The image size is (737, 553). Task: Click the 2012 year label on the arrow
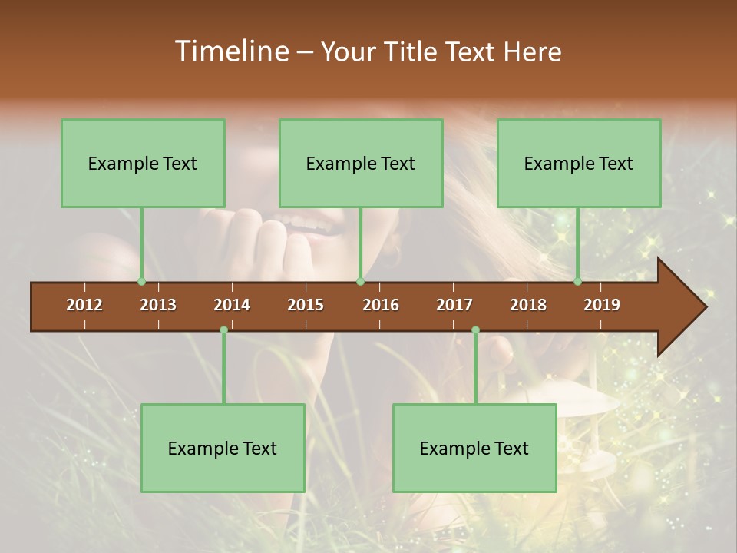click(84, 305)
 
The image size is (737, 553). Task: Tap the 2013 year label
click(158, 305)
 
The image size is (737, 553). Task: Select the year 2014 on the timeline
click(232, 305)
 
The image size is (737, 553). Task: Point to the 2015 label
click(306, 305)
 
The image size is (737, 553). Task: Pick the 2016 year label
click(381, 305)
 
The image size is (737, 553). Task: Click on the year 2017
click(454, 305)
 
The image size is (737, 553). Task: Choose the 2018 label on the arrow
click(528, 305)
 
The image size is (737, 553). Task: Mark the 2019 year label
click(602, 305)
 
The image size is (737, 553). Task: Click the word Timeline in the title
click(230, 51)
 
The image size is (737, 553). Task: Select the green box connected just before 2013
click(143, 163)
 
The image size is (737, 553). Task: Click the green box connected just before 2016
click(361, 163)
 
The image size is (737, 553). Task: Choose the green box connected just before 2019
click(579, 163)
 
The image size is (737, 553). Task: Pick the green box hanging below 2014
click(223, 448)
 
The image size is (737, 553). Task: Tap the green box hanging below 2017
click(474, 448)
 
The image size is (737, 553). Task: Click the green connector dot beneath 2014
click(223, 330)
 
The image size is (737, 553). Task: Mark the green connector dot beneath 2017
click(475, 330)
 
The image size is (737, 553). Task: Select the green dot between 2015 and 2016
click(361, 282)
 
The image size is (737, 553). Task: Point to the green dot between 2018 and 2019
click(578, 282)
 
